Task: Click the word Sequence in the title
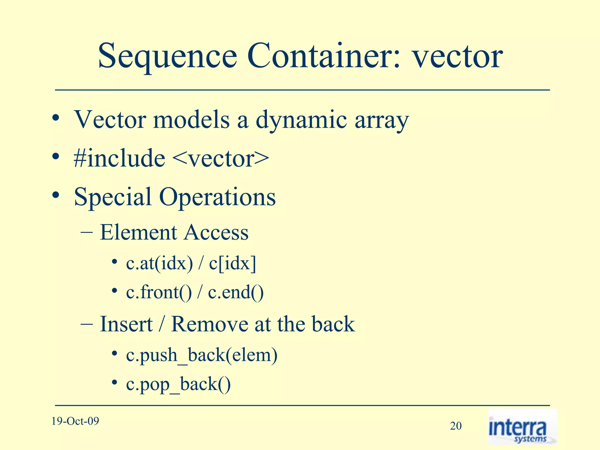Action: point(167,56)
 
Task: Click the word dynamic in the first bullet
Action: point(301,120)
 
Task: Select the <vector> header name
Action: point(221,158)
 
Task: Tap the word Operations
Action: point(217,197)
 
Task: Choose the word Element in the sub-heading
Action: point(139,232)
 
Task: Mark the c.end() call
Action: point(236,292)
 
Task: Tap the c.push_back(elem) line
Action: point(202,355)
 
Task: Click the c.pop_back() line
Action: point(178,385)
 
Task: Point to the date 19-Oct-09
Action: point(75,421)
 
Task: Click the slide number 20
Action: point(456,426)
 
